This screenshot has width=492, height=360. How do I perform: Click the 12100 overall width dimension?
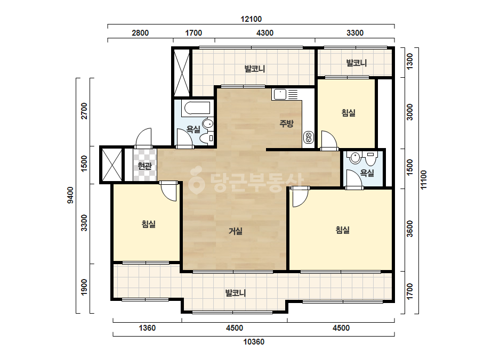(251, 19)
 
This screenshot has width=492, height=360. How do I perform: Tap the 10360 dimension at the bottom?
(254, 342)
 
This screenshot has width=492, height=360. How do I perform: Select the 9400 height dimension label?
(70, 195)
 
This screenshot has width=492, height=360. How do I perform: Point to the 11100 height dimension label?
(424, 179)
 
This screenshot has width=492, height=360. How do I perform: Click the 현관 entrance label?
(144, 166)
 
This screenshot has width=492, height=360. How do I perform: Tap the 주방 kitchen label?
(286, 124)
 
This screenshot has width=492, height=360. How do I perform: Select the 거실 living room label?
(235, 232)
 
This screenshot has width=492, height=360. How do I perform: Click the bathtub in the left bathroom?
(197, 108)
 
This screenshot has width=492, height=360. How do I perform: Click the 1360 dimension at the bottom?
(147, 328)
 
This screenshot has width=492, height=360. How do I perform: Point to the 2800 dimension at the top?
(140, 33)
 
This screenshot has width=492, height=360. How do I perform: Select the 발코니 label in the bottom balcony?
(235, 293)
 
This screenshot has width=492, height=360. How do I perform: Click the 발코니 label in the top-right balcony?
(356, 63)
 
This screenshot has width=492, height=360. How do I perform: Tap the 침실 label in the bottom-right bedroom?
(343, 230)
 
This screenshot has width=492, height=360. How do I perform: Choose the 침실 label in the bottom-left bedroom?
(149, 224)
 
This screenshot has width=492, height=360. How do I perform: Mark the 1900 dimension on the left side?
(84, 287)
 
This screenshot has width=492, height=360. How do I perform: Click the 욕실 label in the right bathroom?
(367, 173)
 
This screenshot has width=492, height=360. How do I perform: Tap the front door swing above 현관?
(143, 138)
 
